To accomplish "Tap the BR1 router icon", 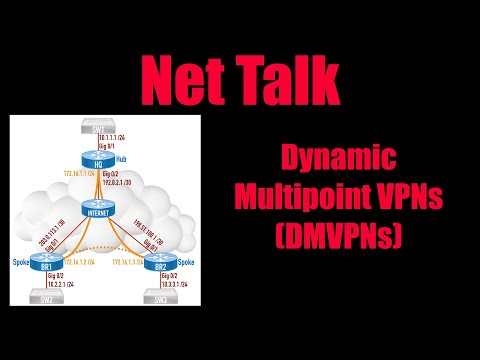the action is tap(41, 263).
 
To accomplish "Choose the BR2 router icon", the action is tap(153, 264).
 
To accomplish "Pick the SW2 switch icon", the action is tap(42, 298).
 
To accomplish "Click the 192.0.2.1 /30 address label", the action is tap(119, 183).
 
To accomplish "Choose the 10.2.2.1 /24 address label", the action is tap(59, 283).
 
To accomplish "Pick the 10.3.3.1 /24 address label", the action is tap(173, 283).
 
